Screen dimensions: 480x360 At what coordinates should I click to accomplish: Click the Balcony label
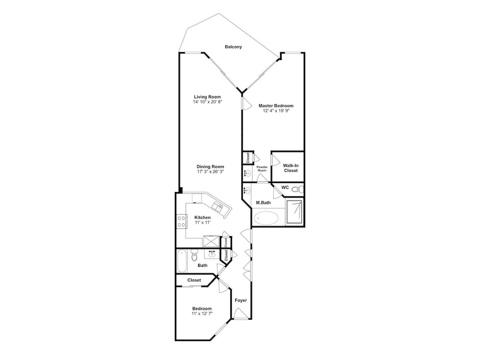coord(233,47)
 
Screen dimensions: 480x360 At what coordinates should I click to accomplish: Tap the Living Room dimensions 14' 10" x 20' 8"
coord(207,102)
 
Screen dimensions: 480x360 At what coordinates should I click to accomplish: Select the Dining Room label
coord(210,167)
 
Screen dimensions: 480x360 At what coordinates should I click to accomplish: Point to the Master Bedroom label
coord(276,106)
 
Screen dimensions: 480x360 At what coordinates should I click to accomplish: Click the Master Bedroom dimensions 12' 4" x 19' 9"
coord(276,111)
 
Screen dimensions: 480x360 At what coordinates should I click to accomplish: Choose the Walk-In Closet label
coord(290,168)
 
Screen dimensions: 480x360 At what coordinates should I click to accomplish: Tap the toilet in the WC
coord(297,190)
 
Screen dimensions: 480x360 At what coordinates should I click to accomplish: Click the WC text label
coord(285,187)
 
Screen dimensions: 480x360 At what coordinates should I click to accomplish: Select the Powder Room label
coord(262,168)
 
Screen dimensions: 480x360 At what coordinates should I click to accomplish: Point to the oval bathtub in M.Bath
coord(266,218)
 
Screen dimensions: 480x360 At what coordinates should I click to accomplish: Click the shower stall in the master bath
coord(295,212)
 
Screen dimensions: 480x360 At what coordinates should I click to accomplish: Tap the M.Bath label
coord(263,203)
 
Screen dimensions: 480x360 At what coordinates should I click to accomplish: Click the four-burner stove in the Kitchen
coord(181,221)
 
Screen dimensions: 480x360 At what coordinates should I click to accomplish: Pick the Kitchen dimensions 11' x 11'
coord(203,223)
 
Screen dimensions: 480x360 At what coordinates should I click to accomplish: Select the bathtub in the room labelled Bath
coord(182,261)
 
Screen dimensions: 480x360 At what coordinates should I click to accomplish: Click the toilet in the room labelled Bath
coord(194,256)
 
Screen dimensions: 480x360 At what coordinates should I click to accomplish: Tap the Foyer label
coord(240,300)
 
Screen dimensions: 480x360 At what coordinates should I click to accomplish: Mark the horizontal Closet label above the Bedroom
coord(194,280)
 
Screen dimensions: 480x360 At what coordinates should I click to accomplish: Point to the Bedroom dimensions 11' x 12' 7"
coord(202,313)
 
